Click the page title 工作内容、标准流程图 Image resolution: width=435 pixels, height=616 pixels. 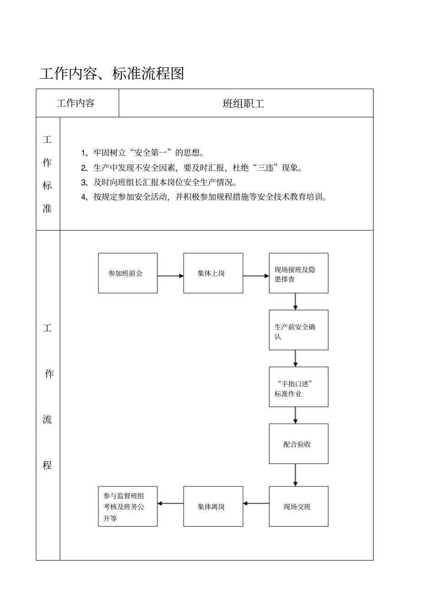click(x=112, y=73)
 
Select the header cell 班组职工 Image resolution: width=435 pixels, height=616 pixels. click(x=243, y=104)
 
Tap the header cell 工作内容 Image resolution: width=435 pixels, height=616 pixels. click(x=76, y=103)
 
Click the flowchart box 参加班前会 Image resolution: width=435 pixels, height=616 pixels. click(x=128, y=273)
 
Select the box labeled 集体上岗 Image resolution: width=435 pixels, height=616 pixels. click(x=213, y=273)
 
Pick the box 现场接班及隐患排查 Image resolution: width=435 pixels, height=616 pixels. click(x=299, y=273)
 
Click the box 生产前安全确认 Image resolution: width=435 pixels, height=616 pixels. click(x=299, y=330)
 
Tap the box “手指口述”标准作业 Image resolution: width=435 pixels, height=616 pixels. click(x=299, y=387)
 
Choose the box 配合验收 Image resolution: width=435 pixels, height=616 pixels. click(x=299, y=444)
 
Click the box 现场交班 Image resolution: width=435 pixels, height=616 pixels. click(x=299, y=506)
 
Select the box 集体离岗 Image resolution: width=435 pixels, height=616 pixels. click(x=213, y=506)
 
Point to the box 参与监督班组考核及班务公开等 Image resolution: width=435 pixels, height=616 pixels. click(x=128, y=506)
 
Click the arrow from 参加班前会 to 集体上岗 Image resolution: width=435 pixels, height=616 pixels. click(x=170, y=276)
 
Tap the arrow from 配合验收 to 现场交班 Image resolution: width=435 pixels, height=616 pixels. click(x=295, y=475)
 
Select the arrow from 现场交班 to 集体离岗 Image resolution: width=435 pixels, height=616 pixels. click(x=256, y=503)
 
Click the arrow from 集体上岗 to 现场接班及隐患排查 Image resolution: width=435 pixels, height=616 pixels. click(x=256, y=276)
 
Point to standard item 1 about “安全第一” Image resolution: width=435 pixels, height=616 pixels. click(x=143, y=153)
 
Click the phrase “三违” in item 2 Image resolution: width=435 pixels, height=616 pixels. click(x=265, y=168)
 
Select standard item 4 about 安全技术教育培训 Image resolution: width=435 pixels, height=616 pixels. click(x=204, y=197)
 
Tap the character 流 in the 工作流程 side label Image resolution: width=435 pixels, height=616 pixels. click(x=48, y=419)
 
